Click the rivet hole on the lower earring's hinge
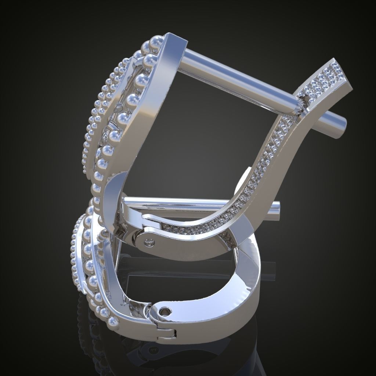[164, 311]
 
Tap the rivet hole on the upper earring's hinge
[148, 242]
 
